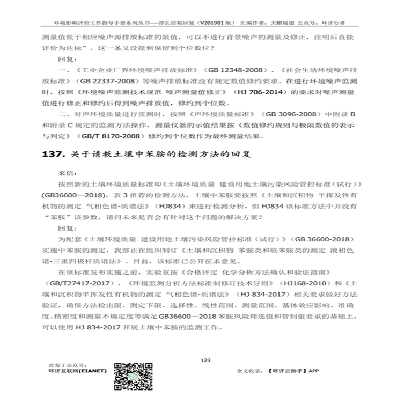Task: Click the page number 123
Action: pyautogui.click(x=205, y=360)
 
